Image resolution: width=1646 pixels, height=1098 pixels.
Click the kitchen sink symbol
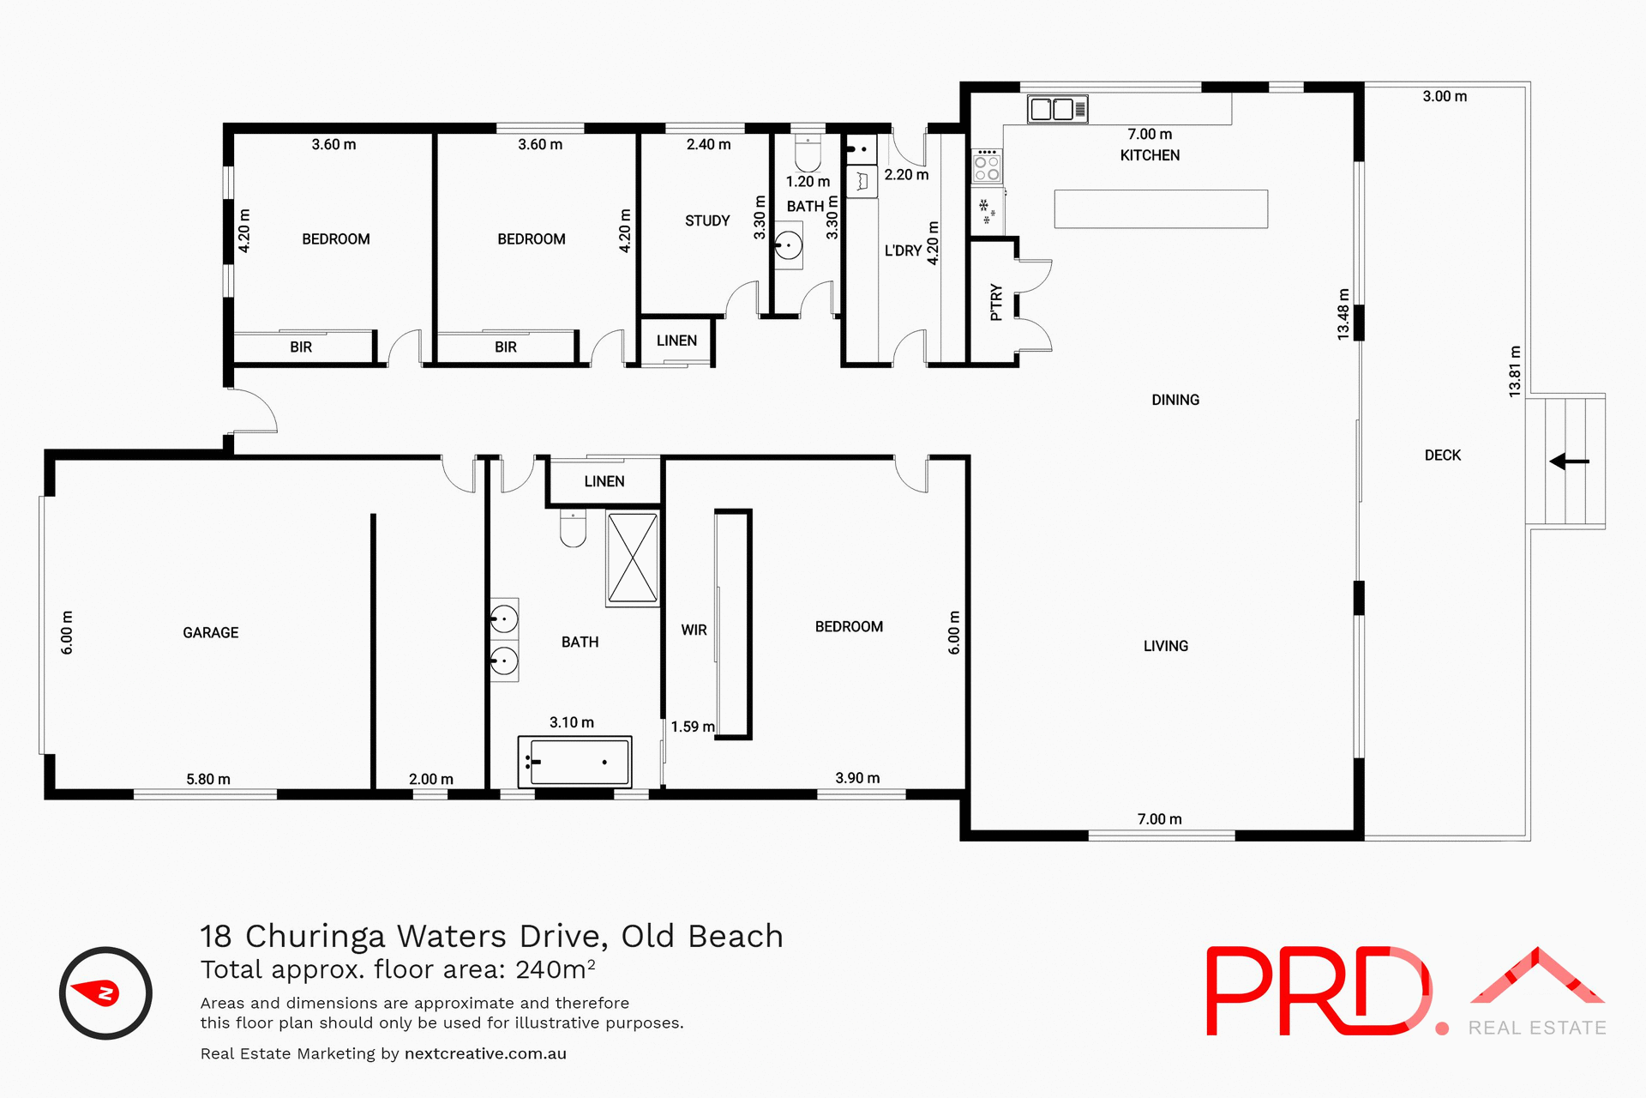click(1057, 109)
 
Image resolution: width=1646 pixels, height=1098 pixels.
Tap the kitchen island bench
click(1161, 209)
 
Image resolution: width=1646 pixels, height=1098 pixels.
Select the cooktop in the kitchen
click(987, 166)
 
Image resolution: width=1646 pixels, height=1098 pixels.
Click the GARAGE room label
click(211, 633)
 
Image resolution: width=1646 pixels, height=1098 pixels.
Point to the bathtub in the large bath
click(575, 762)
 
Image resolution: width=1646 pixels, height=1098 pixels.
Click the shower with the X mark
click(633, 558)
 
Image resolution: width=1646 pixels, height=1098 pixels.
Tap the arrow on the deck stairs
click(1569, 462)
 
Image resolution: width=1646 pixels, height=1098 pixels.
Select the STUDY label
click(707, 221)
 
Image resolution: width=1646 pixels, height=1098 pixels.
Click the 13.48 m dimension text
click(1343, 315)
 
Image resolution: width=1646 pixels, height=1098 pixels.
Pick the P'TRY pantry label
click(995, 303)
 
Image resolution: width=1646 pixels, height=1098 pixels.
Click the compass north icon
click(105, 993)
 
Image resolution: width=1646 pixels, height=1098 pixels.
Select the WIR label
click(694, 630)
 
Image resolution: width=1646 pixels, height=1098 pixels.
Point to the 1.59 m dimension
click(693, 727)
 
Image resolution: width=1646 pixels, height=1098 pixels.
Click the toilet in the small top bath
click(808, 154)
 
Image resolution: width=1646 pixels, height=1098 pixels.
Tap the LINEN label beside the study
click(676, 341)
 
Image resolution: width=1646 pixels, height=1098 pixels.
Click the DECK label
click(1443, 455)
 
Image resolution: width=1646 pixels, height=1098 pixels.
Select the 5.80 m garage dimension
click(208, 780)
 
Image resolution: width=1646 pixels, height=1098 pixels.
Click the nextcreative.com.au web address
click(485, 1053)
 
